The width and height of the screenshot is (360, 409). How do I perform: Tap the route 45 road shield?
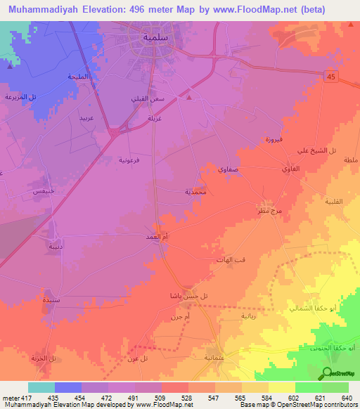331,77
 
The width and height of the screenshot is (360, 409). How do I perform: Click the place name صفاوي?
217,170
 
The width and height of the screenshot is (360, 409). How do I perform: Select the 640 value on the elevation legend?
345,398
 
